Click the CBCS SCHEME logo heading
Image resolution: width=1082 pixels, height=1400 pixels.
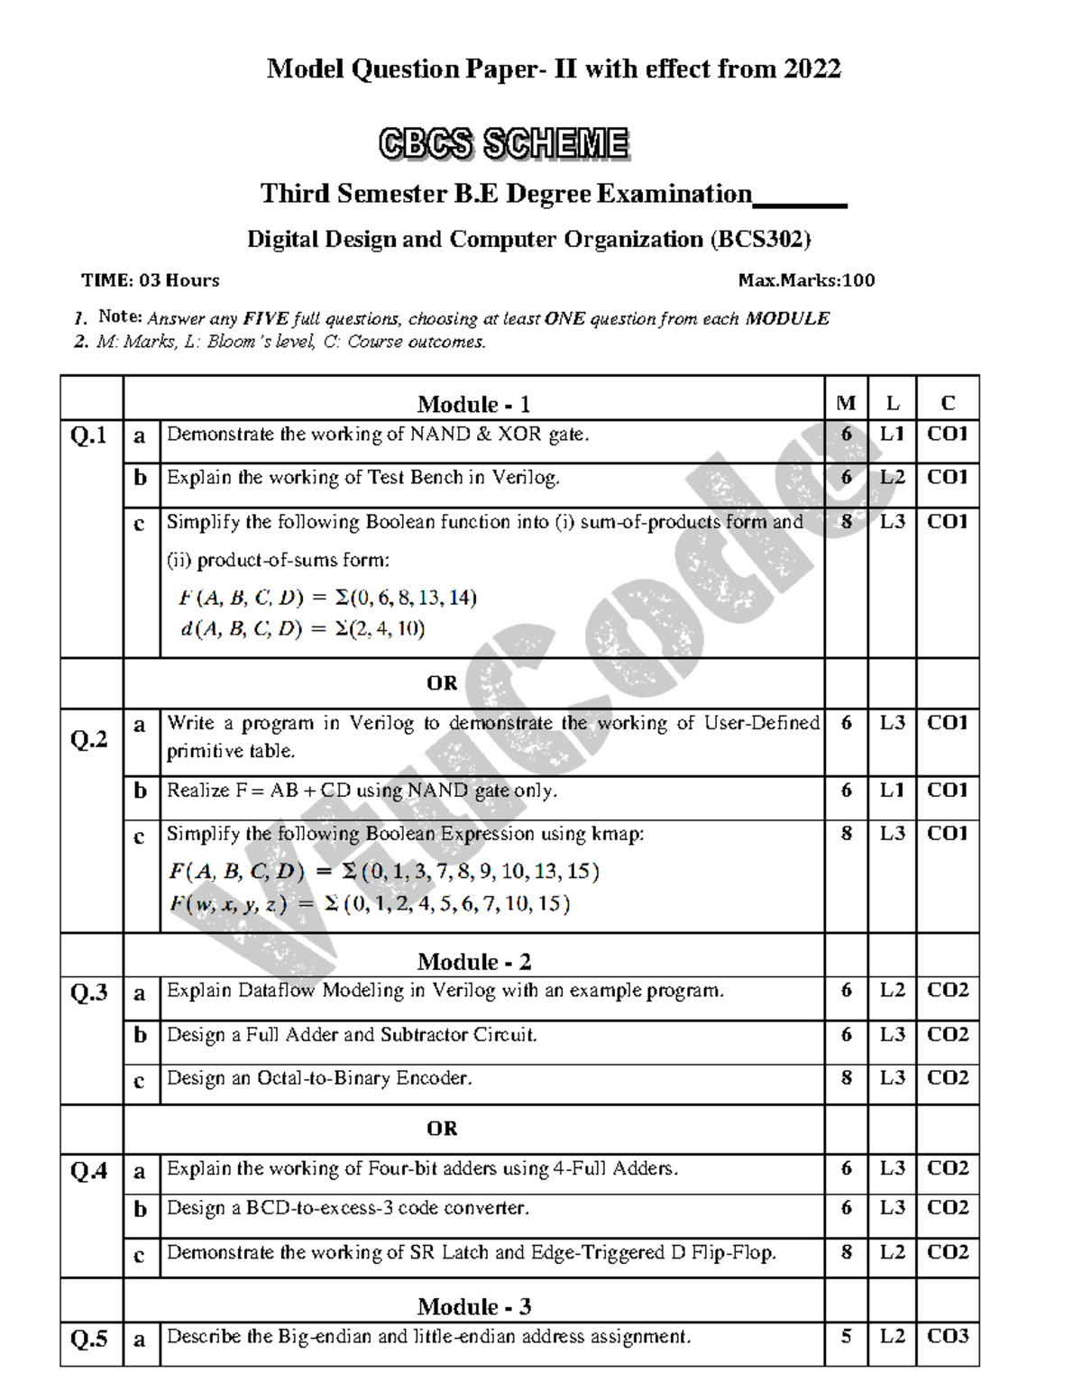click(x=503, y=144)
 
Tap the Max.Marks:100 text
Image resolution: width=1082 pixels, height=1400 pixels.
click(x=806, y=280)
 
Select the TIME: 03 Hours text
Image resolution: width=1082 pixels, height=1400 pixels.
click(x=151, y=280)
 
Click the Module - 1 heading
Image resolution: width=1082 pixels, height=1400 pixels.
click(x=473, y=404)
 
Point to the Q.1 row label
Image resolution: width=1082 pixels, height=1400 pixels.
click(x=88, y=436)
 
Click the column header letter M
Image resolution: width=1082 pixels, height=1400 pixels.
click(x=846, y=403)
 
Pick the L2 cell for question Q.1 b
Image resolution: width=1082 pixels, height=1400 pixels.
click(x=892, y=477)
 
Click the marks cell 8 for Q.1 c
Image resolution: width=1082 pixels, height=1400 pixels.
click(x=846, y=521)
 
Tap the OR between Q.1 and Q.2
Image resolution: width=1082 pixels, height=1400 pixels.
click(x=442, y=683)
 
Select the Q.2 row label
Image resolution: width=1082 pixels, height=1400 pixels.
click(x=88, y=740)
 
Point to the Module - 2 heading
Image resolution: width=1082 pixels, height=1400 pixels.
click(x=473, y=961)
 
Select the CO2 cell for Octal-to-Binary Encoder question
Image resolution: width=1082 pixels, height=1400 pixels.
click(x=948, y=1078)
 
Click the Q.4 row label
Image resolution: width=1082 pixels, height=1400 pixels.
click(x=88, y=1171)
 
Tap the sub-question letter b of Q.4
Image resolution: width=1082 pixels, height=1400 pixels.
click(x=140, y=1209)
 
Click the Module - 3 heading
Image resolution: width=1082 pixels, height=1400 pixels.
click(x=473, y=1306)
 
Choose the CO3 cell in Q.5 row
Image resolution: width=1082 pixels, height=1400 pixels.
click(x=948, y=1336)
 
